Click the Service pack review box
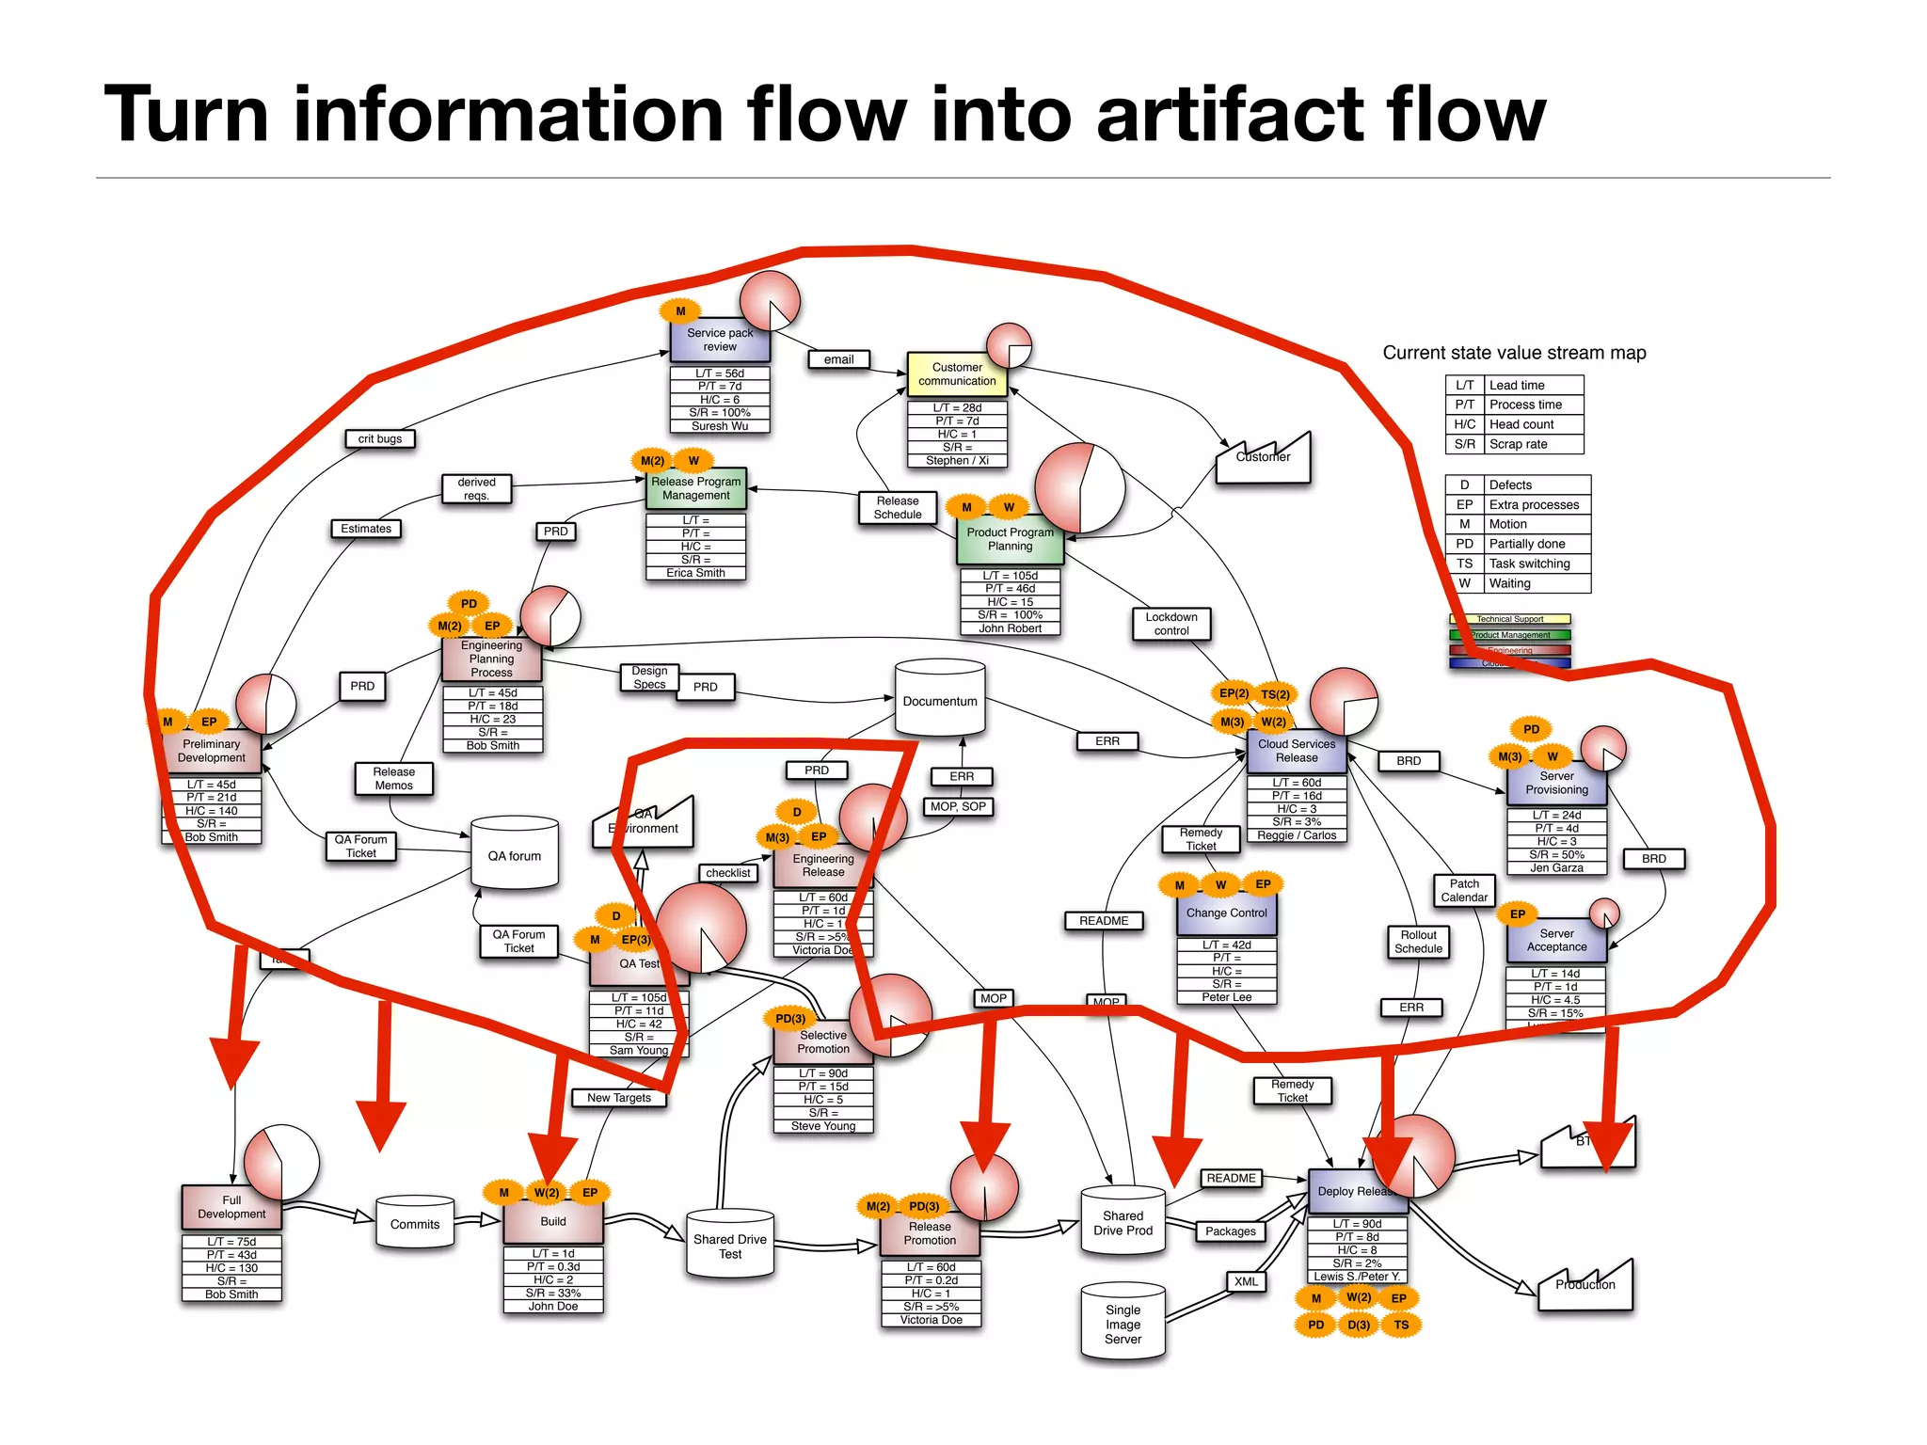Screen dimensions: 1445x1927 pyautogui.click(x=720, y=341)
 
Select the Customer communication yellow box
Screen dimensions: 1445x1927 pyautogui.click(x=957, y=374)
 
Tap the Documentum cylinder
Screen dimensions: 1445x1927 pyautogui.click(x=940, y=701)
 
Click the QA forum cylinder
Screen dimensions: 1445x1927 pyautogui.click(x=514, y=855)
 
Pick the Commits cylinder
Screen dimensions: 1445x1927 pyautogui.click(x=415, y=1224)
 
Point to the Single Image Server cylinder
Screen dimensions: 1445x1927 pyautogui.click(x=1123, y=1324)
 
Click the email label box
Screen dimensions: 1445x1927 pyautogui.click(x=838, y=359)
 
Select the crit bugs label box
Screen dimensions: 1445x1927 pyautogui.click(x=380, y=438)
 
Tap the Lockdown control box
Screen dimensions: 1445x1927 pyautogui.click(x=1171, y=624)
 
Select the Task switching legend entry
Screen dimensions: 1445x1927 pyautogui.click(x=1529, y=564)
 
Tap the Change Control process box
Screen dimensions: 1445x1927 pyautogui.click(x=1226, y=913)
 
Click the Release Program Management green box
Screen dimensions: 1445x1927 pyautogui.click(x=696, y=488)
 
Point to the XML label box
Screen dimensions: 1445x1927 pyautogui.click(x=1246, y=1281)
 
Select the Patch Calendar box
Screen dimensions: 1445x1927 pyautogui.click(x=1464, y=890)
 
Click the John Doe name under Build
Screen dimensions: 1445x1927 pyautogui.click(x=553, y=1307)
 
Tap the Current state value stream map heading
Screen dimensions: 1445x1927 pyautogui.click(x=1514, y=353)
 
